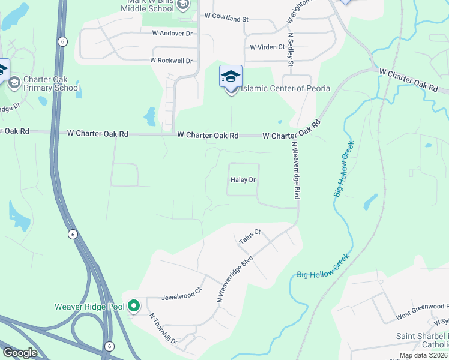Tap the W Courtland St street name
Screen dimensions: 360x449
(226, 19)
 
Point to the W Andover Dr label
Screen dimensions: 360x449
(172, 34)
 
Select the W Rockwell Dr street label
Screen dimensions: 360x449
(171, 61)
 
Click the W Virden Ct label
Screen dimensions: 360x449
(267, 47)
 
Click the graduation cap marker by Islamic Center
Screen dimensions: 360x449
(231, 76)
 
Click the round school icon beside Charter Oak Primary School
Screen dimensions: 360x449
(14, 82)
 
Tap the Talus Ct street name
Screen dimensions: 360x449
(250, 236)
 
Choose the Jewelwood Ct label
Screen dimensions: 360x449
(180, 296)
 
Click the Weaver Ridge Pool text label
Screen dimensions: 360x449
(89, 307)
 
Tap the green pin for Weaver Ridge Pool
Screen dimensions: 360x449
(134, 306)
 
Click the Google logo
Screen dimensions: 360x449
(20, 353)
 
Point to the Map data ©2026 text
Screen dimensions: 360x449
(423, 355)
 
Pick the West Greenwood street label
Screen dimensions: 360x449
(420, 311)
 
